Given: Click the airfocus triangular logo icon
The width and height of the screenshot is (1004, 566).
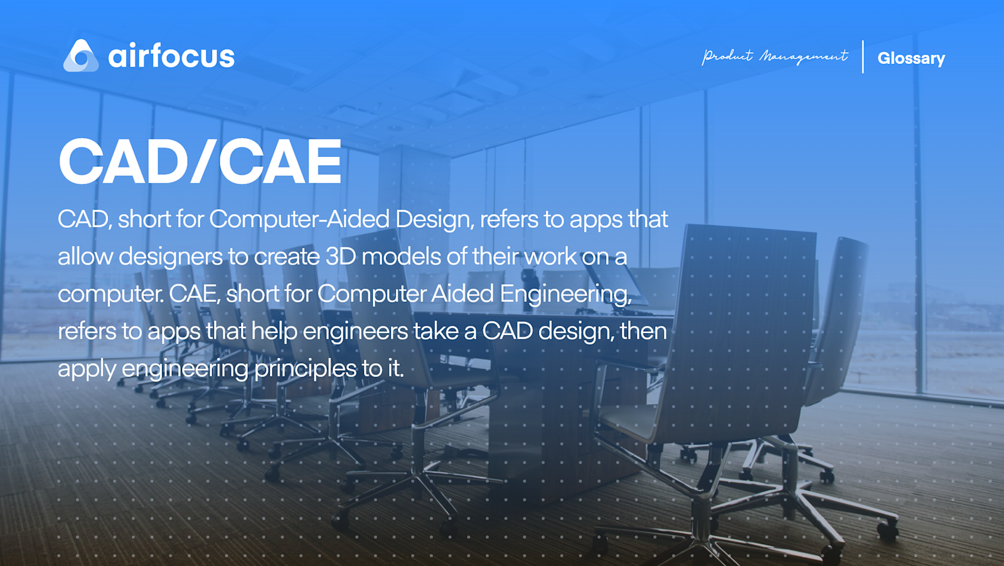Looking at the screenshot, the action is click(x=81, y=56).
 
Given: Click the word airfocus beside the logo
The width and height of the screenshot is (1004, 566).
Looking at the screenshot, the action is click(x=171, y=56).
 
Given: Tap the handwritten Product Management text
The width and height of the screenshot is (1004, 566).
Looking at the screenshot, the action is click(x=775, y=57).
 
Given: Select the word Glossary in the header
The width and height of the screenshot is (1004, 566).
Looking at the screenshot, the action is click(x=911, y=58).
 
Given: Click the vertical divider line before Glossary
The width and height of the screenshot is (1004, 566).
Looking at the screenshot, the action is click(x=863, y=57).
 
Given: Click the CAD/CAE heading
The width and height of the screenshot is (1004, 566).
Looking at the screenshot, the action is click(x=200, y=163).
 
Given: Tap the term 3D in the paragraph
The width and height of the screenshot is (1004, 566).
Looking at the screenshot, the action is click(x=341, y=257).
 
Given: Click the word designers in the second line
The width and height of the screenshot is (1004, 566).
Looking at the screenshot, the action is click(x=171, y=257).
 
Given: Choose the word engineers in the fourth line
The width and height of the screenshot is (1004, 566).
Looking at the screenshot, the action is click(x=355, y=331).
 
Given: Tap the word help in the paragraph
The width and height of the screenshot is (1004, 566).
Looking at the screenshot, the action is click(x=274, y=331).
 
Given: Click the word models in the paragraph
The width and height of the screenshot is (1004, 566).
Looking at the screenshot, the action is click(x=401, y=257).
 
